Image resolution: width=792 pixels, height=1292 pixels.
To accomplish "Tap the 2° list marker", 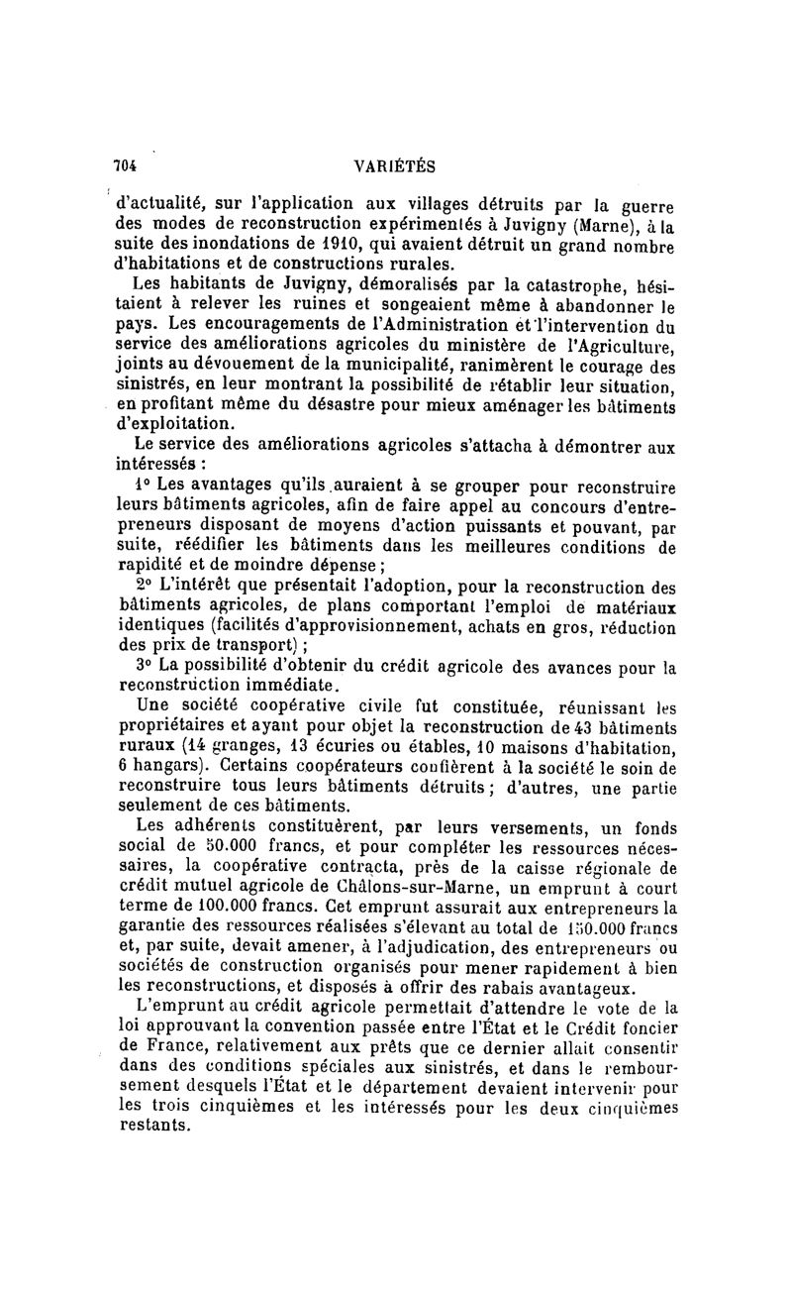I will coord(143,585).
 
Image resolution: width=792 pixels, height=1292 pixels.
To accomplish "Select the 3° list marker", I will coord(143,666).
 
